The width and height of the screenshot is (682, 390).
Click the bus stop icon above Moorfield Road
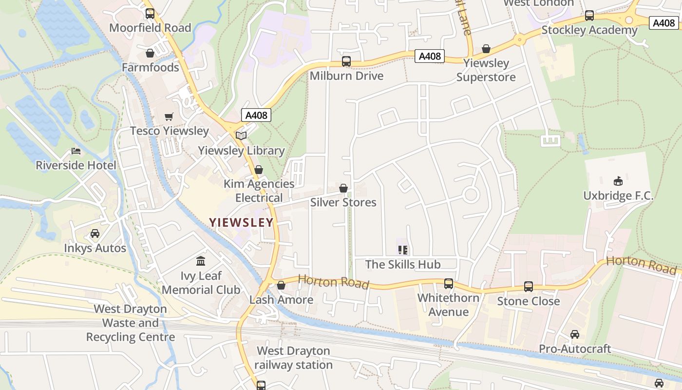click(x=150, y=14)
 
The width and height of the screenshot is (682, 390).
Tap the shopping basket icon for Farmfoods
click(x=150, y=53)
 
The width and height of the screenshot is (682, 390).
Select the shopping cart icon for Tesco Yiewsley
click(x=169, y=117)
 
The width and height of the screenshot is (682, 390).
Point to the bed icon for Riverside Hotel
click(x=76, y=151)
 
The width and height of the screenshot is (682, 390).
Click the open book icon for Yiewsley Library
click(x=241, y=136)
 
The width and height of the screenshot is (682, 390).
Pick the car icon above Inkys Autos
click(x=95, y=234)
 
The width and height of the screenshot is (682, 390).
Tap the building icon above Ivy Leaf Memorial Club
click(x=201, y=261)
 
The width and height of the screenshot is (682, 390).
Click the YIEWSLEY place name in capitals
click(x=241, y=222)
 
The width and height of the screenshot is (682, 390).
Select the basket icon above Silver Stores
click(x=343, y=188)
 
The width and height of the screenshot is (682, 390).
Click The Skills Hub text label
click(x=403, y=264)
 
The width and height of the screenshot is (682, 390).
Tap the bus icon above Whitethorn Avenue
click(x=449, y=284)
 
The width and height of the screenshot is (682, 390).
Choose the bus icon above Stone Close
click(x=529, y=287)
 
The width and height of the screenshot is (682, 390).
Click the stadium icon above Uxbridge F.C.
click(x=618, y=181)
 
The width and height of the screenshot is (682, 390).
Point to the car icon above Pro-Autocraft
click(x=575, y=334)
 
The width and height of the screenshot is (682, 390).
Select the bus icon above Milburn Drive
click(x=346, y=61)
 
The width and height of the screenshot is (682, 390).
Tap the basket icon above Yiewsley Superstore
click(x=486, y=49)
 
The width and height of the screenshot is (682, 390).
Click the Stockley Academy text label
click(x=589, y=30)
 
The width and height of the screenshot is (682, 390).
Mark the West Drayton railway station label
click(x=293, y=358)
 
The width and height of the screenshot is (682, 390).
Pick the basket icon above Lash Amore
click(x=281, y=285)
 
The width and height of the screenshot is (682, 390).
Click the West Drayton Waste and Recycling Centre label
click(x=131, y=323)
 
